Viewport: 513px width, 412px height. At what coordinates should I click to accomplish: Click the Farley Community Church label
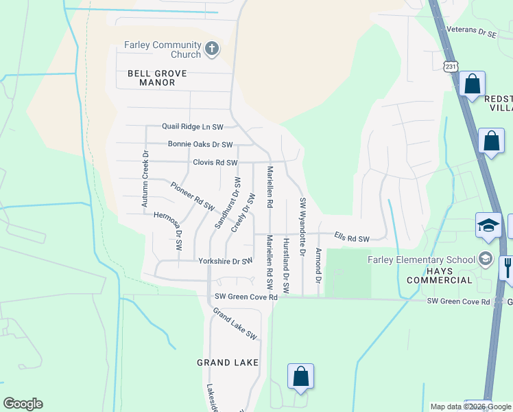coord(162,50)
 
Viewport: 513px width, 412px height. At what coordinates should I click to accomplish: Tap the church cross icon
coord(212,49)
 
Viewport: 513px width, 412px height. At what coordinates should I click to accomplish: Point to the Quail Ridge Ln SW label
coord(193,127)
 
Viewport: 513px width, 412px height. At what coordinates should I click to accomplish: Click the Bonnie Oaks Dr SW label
coord(200,145)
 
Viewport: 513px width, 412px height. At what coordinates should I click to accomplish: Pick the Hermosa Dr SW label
coord(169,227)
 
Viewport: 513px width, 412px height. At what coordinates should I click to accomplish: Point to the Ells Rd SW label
coord(352,238)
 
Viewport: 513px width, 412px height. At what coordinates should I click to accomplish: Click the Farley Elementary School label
coord(421,260)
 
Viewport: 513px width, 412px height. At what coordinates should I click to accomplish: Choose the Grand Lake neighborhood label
coord(228,362)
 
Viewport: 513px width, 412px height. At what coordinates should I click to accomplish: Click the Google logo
coord(23,404)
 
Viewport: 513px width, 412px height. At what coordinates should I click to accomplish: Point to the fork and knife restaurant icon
coord(507,266)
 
